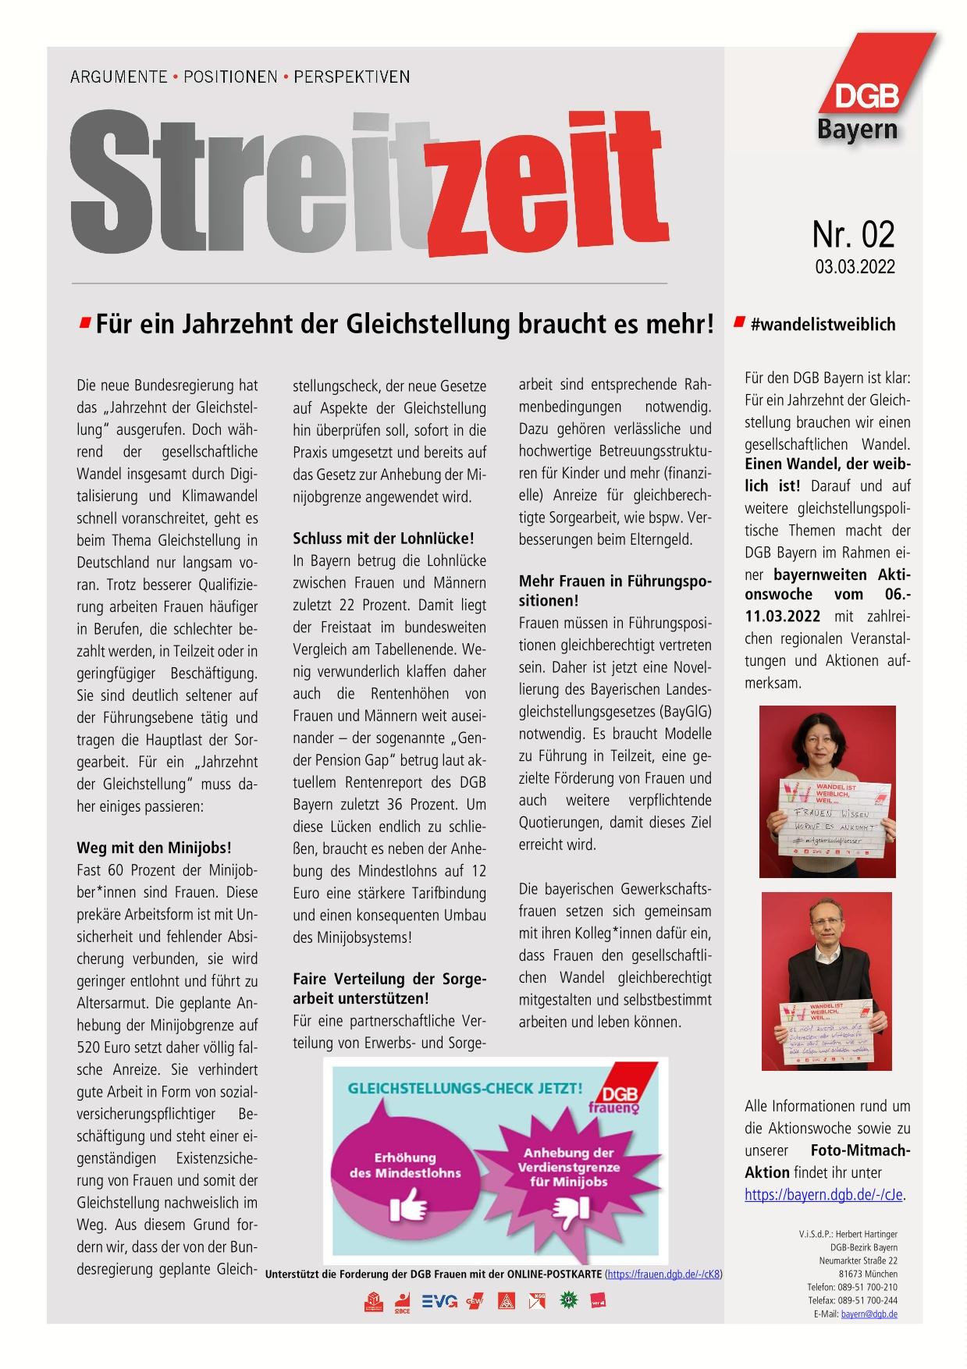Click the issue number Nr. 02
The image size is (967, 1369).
click(853, 234)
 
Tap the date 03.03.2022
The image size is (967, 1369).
click(855, 267)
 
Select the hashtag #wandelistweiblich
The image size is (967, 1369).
click(823, 325)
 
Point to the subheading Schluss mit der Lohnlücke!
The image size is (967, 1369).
click(383, 539)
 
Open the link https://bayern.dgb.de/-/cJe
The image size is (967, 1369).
click(824, 1195)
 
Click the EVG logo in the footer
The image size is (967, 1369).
click(439, 1300)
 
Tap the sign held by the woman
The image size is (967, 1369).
click(827, 814)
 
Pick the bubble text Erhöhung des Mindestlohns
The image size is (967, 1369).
click(405, 1165)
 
